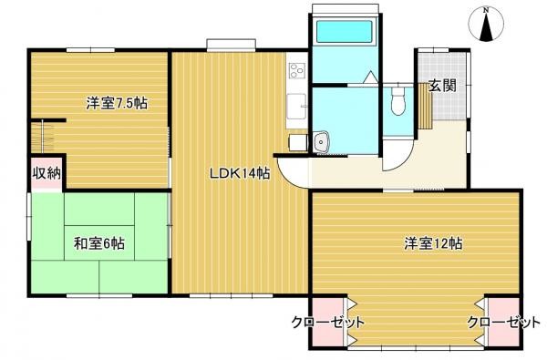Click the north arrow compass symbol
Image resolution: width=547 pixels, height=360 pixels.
coord(488,28)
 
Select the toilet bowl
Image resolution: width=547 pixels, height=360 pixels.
coord(397,103)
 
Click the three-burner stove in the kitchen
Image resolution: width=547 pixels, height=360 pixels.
coord(296,69)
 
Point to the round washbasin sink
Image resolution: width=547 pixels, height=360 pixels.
coord(322,141)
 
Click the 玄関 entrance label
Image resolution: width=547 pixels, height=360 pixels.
coord(443,87)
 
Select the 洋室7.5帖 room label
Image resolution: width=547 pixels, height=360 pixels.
coord(117,103)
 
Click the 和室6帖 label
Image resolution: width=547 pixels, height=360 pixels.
coord(99,243)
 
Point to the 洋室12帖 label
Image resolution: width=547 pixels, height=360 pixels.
coord(433,243)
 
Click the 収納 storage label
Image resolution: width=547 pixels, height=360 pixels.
coord(46,174)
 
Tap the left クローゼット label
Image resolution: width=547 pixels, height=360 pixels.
coord(328,323)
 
